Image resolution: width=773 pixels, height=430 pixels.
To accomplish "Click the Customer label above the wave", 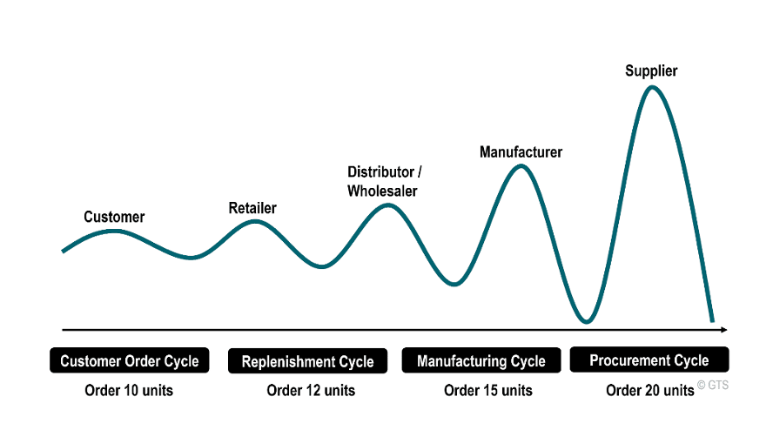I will [114, 217].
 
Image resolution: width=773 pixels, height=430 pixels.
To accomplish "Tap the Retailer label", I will [252, 208].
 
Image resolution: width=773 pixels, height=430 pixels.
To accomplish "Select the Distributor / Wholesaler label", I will [382, 181].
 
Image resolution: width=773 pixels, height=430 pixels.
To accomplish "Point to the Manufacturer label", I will [521, 152].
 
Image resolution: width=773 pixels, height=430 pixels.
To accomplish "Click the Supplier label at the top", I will [651, 71].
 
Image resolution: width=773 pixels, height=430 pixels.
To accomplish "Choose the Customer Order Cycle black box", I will [130, 360].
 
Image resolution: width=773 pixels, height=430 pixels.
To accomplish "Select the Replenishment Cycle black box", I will [307, 361].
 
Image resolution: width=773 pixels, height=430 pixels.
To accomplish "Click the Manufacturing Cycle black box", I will [481, 360].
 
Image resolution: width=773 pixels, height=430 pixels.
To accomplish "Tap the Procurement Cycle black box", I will [649, 359].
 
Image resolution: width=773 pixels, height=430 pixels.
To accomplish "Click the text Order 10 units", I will [129, 390].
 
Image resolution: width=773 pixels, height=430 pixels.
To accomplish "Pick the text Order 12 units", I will [311, 390].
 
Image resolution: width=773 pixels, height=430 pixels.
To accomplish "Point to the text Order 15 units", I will [487, 390].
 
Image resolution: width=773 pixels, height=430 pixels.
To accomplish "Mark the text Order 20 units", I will [650, 390].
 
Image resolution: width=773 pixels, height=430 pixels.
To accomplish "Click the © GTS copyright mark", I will [713, 384].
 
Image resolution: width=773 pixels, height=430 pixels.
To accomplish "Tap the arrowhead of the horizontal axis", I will [723, 330].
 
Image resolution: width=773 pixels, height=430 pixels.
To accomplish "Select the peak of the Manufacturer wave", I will [521, 165].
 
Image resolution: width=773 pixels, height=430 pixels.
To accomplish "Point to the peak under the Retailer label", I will [254, 221].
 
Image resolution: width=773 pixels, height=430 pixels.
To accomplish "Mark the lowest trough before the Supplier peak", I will [587, 322].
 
